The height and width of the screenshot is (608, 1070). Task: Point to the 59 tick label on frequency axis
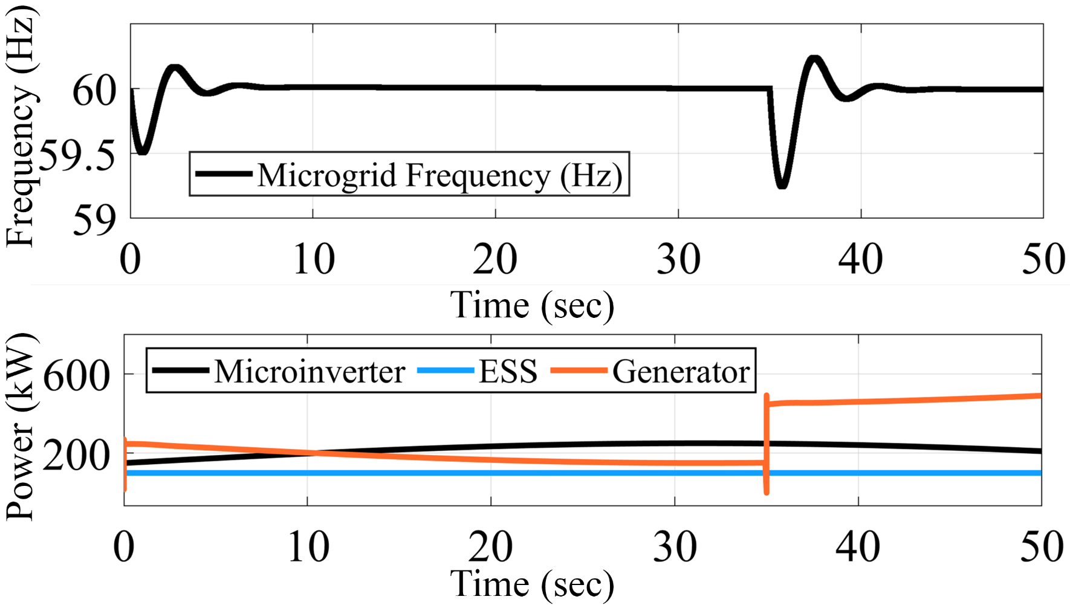94,221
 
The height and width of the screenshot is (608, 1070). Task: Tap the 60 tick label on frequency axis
94,92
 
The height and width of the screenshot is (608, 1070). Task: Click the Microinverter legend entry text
310,371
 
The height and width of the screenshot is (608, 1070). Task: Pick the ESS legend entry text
508,371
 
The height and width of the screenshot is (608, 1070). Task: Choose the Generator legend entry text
681,371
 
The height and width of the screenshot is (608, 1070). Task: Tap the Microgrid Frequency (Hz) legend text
440,175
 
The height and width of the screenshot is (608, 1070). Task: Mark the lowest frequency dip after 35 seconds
782,185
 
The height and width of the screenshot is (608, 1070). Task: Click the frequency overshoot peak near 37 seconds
815,59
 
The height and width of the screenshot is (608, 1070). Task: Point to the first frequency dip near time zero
143,151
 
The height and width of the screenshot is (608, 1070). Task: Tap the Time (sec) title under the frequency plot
532,305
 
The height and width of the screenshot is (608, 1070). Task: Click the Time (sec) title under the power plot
532,584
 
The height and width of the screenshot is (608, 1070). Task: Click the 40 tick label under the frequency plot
860,260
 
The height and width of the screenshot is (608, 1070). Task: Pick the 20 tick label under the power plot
491,547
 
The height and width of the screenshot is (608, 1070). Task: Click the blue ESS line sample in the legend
446,370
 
